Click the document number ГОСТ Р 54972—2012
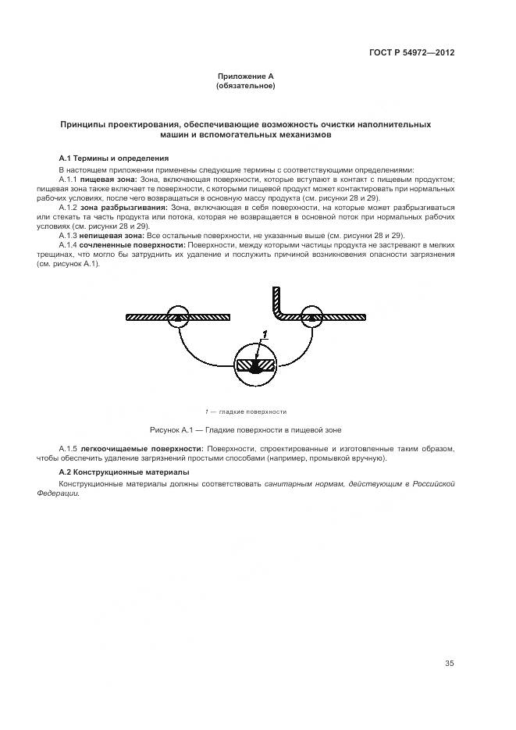tap(411, 53)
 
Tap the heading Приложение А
tap(245, 77)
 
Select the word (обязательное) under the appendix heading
tap(245, 85)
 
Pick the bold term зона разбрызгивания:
tap(123, 208)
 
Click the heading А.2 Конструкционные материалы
tap(124, 472)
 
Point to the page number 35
tap(449, 664)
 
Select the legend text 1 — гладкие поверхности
tap(246, 411)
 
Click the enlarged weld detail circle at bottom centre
tap(255, 365)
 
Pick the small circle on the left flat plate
tap(177, 316)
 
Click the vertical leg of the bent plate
tap(276, 301)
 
